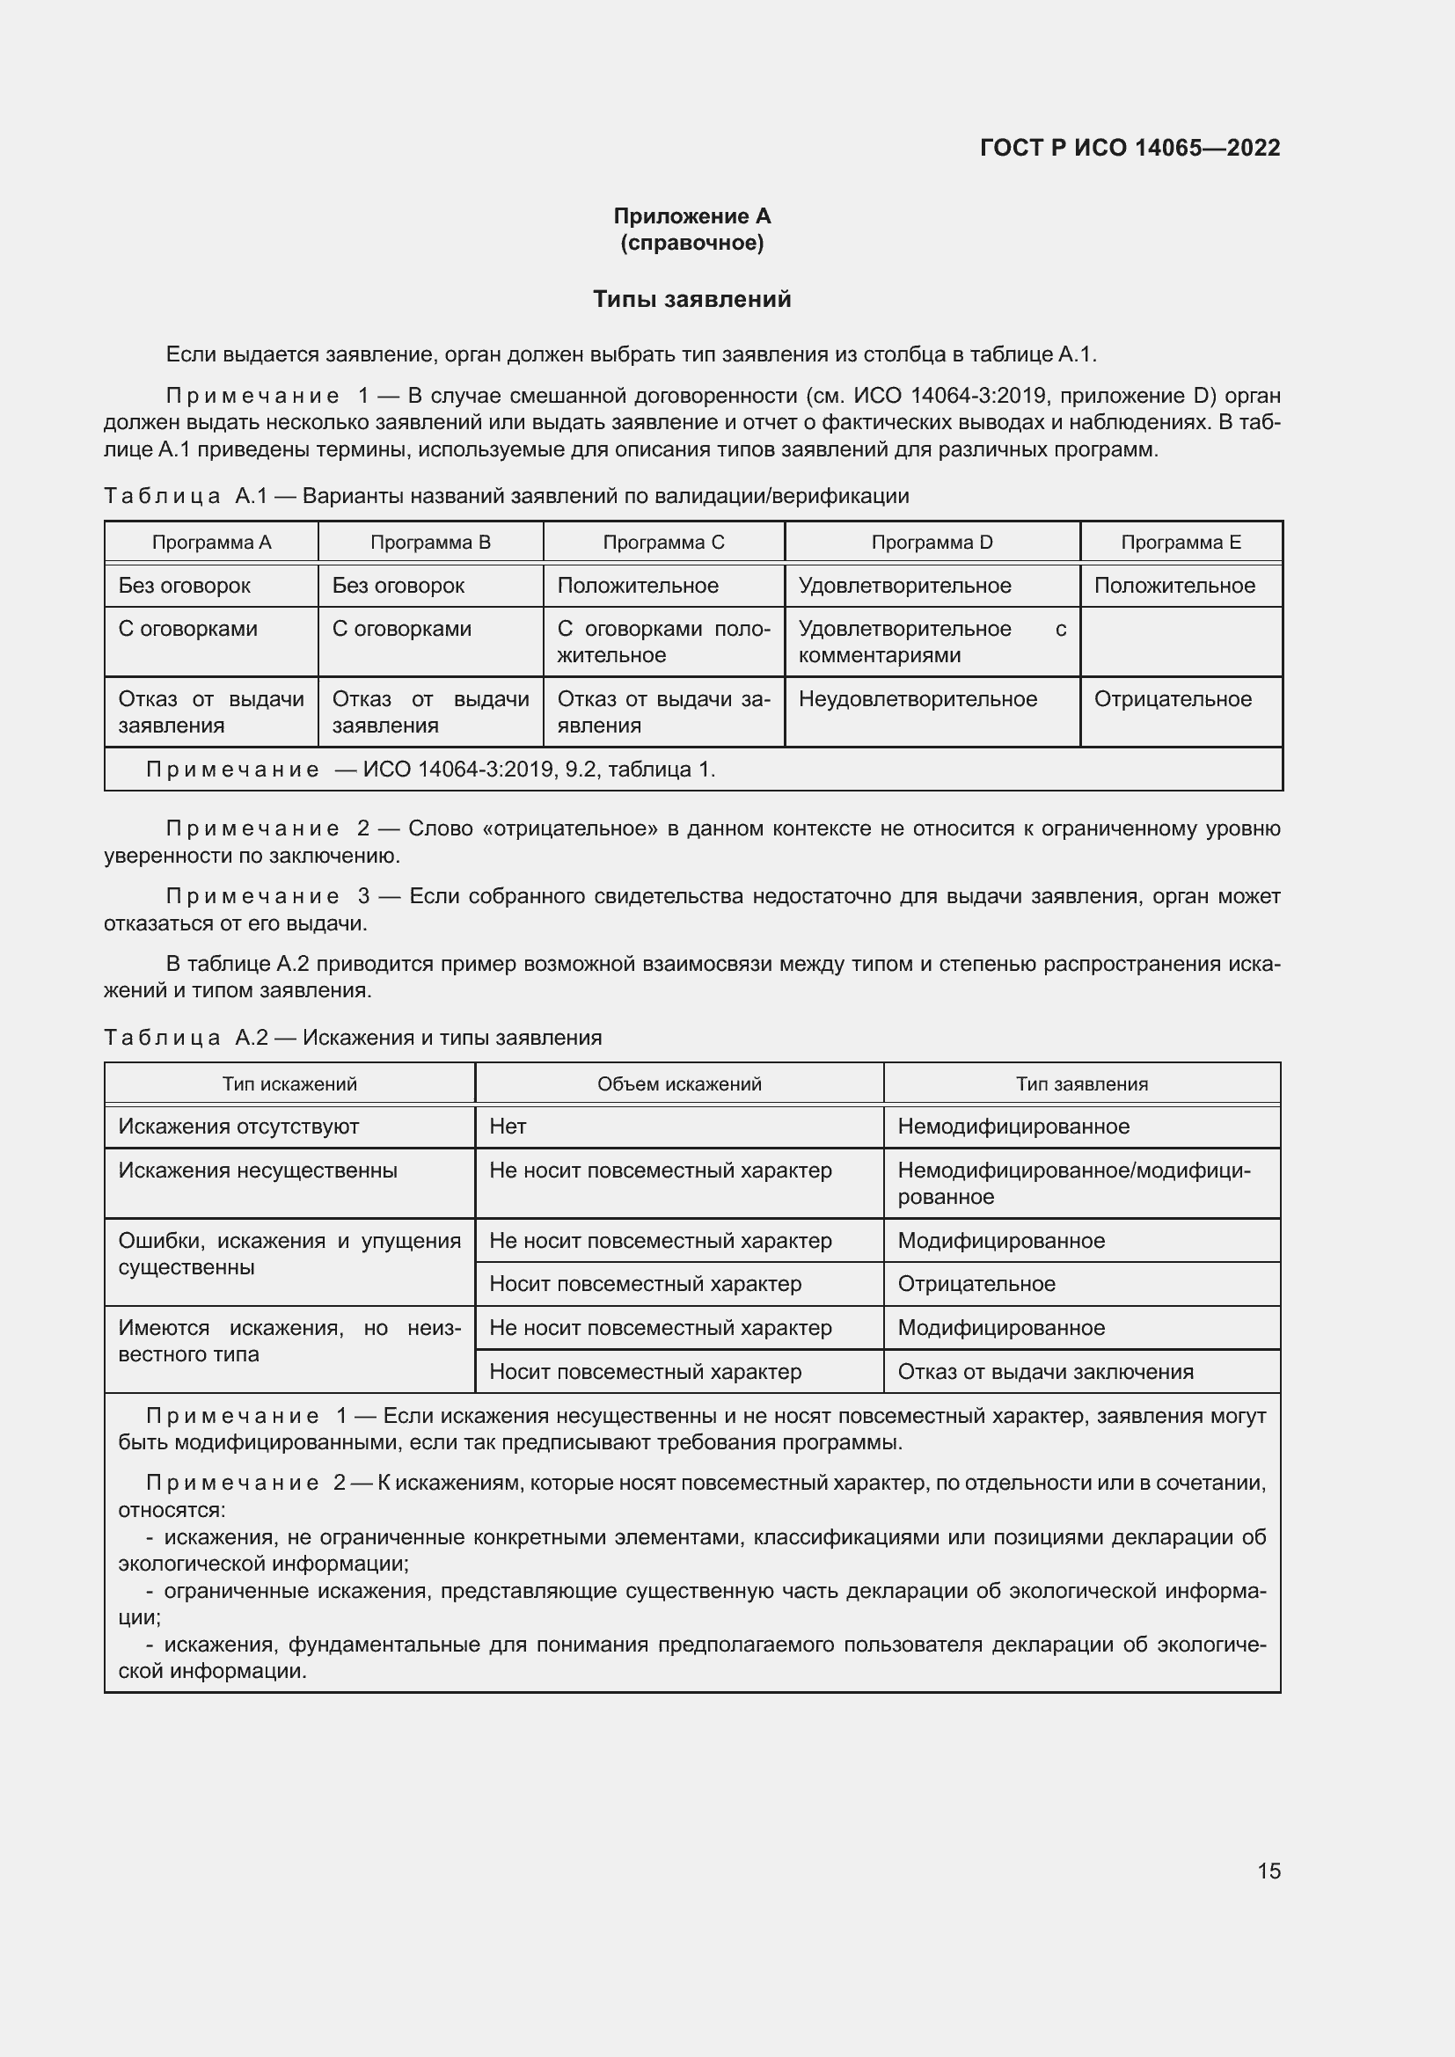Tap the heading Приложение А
[691, 216]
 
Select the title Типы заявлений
[691, 299]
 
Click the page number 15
[1269, 1871]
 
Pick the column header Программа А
[211, 542]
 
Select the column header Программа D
[932, 542]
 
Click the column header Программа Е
[1180, 542]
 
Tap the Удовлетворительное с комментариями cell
[932, 641]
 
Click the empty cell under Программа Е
[1180, 641]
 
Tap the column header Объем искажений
[679, 1084]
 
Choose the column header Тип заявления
[1081, 1084]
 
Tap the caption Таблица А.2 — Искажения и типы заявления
[353, 1038]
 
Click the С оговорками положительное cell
[663, 641]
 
